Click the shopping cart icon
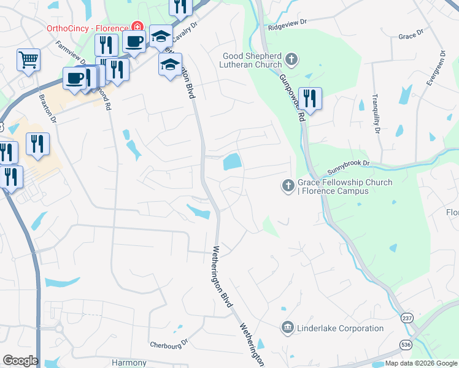(28, 60)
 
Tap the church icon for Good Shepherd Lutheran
(291, 60)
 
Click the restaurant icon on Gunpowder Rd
(310, 98)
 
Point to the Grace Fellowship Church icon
(288, 185)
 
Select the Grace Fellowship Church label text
(344, 186)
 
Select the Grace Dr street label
(411, 36)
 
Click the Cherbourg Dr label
(169, 344)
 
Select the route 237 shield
(407, 318)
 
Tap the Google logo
(20, 361)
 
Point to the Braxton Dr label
(47, 108)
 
